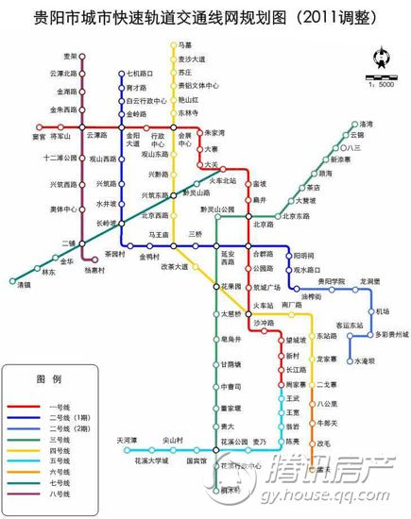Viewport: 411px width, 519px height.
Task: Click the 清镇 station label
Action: [x=22, y=284]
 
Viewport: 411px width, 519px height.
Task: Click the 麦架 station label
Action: [x=70, y=57]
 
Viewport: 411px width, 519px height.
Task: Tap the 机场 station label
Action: [x=382, y=311]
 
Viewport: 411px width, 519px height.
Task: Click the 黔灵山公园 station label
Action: [x=223, y=209]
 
